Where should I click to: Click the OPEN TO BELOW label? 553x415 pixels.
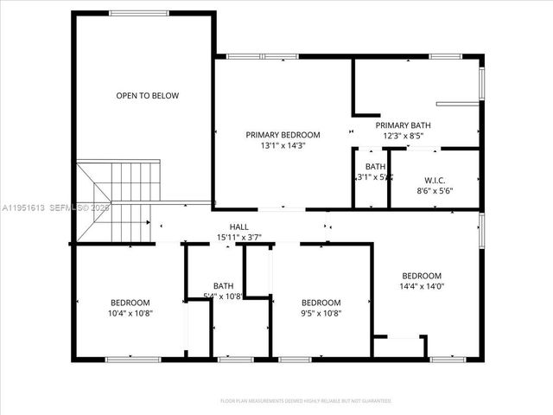click(148, 96)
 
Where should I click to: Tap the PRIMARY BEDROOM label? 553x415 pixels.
click(283, 135)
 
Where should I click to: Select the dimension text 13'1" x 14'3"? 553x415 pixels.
click(283, 146)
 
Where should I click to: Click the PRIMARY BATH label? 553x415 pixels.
click(403, 125)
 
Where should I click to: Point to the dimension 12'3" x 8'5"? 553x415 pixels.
click(403, 136)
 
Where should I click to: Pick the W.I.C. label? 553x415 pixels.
click(435, 181)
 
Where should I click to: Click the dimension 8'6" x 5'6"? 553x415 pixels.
click(435, 191)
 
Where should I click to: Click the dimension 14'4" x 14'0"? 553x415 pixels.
click(422, 287)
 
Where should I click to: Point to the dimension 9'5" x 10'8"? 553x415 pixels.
click(321, 313)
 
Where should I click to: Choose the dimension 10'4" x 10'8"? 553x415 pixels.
click(131, 313)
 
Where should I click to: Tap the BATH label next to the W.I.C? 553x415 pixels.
click(375, 167)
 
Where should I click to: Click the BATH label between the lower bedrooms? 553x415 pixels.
click(223, 286)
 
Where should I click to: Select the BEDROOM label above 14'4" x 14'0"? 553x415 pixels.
click(422, 276)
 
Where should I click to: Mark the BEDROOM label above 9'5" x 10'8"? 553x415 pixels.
click(321, 302)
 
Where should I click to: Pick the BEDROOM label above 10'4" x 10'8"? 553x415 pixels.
click(130, 302)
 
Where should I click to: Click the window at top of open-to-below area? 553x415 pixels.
click(139, 12)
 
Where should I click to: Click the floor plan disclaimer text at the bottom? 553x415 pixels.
click(306, 401)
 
